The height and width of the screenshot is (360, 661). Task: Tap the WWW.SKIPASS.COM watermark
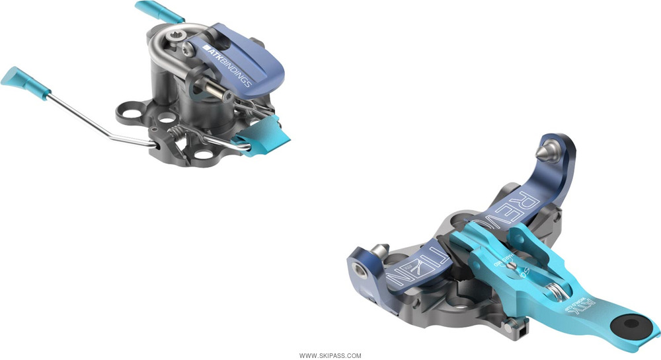click(330, 355)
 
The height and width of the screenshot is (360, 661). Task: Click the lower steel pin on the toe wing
click(379, 250)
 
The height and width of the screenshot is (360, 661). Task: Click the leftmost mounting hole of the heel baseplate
click(124, 111)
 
